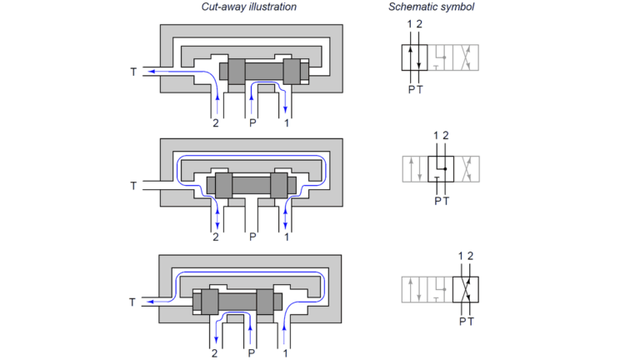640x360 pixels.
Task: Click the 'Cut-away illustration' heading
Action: pyautogui.click(x=249, y=7)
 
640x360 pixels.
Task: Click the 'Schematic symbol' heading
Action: pyautogui.click(x=432, y=7)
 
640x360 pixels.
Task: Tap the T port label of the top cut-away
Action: pyautogui.click(x=133, y=72)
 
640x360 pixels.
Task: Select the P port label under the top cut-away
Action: pyautogui.click(x=252, y=122)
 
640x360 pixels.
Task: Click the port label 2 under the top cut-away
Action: pyautogui.click(x=216, y=122)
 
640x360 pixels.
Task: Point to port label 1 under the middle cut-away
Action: pyautogui.click(x=287, y=237)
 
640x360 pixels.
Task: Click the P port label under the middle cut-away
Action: pyautogui.click(x=252, y=237)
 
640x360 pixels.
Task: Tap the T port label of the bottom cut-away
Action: pyautogui.click(x=132, y=302)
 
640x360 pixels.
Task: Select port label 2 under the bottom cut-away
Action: pyautogui.click(x=214, y=353)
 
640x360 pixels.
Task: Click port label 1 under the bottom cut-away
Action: pyautogui.click(x=285, y=353)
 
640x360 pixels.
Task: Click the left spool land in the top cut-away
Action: pyautogui.click(x=237, y=72)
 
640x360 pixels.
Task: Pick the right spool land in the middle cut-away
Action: pyautogui.click(x=279, y=185)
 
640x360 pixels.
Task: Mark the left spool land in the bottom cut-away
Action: pyautogui.click(x=210, y=302)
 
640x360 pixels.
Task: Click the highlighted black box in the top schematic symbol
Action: pyautogui.click(x=415, y=57)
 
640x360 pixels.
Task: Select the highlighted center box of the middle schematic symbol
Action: pyautogui.click(x=441, y=169)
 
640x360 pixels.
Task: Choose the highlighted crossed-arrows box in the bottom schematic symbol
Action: pyautogui.click(x=466, y=289)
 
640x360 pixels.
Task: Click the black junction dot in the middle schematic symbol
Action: pyautogui.click(x=445, y=169)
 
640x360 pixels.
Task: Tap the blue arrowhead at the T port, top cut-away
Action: pyautogui.click(x=151, y=72)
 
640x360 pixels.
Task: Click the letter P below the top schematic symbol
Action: pyautogui.click(x=412, y=89)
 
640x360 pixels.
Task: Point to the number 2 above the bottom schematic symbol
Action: pyautogui.click(x=470, y=256)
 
